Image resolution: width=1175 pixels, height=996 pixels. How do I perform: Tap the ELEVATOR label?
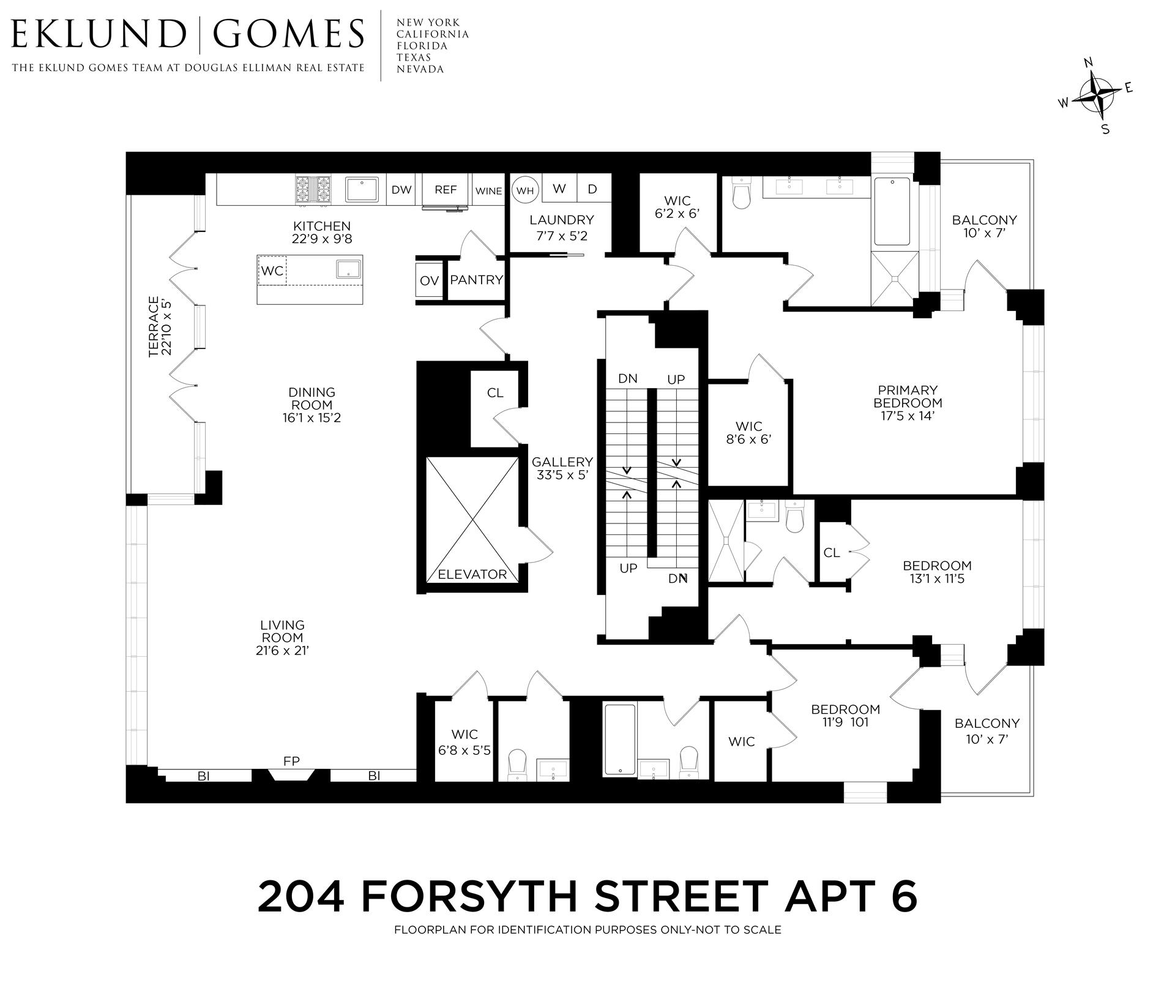[472, 574]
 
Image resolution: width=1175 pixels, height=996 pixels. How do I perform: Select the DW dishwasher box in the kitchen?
[401, 190]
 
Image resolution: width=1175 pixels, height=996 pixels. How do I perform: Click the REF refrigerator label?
[446, 190]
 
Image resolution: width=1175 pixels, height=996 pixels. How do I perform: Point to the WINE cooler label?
[488, 191]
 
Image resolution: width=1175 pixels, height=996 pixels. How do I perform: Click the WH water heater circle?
[525, 190]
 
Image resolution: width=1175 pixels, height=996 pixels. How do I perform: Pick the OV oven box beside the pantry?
[430, 280]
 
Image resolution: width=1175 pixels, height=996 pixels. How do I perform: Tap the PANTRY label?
[476, 280]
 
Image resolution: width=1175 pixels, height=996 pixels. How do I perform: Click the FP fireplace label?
[291, 761]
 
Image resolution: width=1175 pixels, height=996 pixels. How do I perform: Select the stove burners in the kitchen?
[312, 190]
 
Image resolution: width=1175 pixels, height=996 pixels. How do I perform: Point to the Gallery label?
[562, 462]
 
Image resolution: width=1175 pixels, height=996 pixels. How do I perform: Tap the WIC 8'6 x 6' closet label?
[749, 432]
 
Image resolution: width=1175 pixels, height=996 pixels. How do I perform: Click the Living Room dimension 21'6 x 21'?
[282, 651]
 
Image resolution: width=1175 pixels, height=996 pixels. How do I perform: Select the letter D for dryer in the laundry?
[592, 189]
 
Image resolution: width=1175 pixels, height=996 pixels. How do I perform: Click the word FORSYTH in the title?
[469, 896]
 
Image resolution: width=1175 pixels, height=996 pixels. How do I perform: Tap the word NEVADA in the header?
[420, 69]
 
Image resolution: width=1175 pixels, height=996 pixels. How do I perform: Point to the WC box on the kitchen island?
[272, 271]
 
